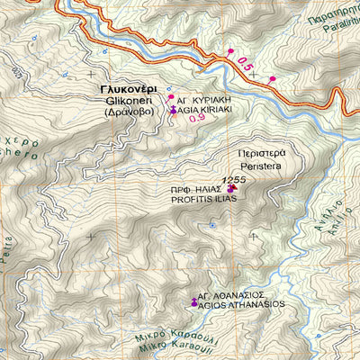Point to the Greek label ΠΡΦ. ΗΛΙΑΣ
point(198,191)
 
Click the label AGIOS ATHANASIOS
point(241,304)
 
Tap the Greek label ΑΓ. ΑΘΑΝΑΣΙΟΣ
point(238,293)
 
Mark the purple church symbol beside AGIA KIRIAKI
point(174,108)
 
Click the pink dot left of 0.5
point(230,51)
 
